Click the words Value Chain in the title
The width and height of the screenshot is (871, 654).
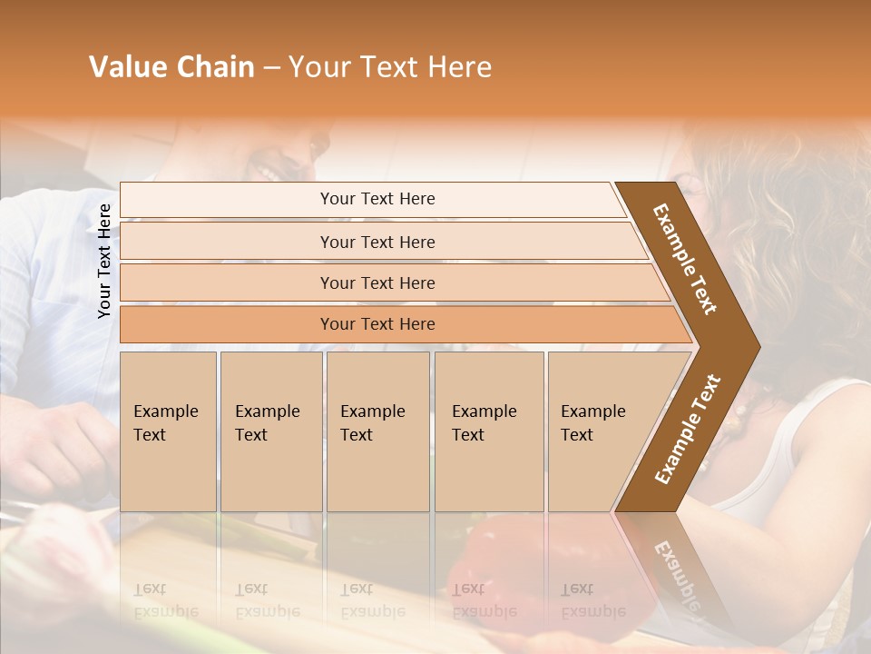[171, 67]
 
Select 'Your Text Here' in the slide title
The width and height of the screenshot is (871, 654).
[390, 67]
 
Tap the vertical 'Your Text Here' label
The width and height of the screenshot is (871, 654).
[104, 261]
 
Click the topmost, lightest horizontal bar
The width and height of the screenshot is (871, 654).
[377, 199]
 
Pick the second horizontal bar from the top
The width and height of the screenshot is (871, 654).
[377, 242]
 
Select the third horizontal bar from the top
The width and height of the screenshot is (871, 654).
[377, 282]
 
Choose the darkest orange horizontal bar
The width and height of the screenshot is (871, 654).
[377, 324]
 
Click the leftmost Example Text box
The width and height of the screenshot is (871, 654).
[168, 431]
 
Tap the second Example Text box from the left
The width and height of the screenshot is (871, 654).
[270, 431]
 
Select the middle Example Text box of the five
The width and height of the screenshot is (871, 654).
[377, 431]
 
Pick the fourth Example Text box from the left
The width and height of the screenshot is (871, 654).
[489, 431]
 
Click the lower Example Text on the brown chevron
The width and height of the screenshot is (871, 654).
[688, 429]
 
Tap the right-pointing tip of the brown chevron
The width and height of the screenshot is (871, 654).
[753, 346]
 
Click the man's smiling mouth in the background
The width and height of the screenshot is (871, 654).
[270, 169]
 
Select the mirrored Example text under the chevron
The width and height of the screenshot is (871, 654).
[676, 572]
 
